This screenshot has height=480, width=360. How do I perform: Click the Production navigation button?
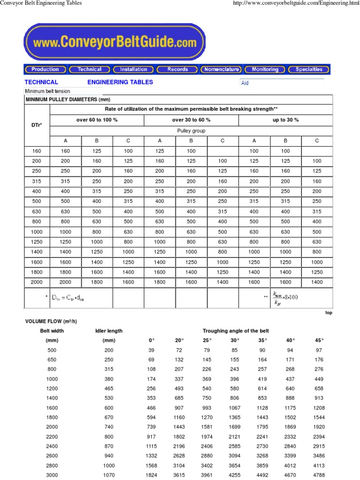[x=45, y=69]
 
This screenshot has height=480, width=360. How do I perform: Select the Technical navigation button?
[x=89, y=69]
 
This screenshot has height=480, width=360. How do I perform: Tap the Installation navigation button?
[x=134, y=69]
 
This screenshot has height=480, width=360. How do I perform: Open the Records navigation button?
[x=178, y=69]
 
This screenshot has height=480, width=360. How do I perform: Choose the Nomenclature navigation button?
[x=221, y=69]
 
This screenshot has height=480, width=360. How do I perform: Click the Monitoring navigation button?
[x=265, y=69]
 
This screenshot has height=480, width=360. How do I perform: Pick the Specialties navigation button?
[x=309, y=69]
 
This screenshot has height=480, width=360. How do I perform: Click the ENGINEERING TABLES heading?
[x=120, y=82]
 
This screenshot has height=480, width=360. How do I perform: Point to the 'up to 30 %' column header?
[x=285, y=120]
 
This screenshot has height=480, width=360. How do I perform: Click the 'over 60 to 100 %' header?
[x=97, y=120]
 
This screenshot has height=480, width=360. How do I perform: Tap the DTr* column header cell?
[x=37, y=125]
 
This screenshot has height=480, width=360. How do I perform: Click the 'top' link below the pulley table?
[x=329, y=313]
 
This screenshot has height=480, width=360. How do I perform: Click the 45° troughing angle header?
[x=319, y=340]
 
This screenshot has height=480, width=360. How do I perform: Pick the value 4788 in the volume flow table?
[x=319, y=475]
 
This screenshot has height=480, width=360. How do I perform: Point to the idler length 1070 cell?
[x=109, y=475]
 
